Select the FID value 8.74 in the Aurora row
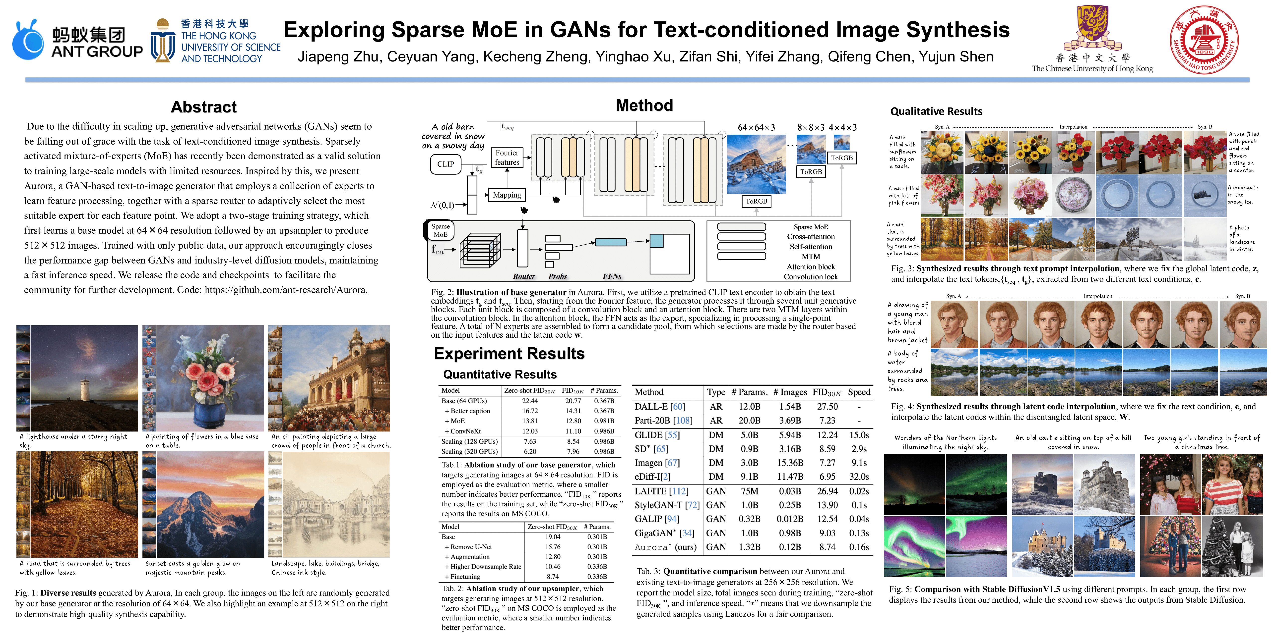point(827,547)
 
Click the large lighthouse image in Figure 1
point(84,378)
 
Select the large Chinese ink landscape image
point(336,504)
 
